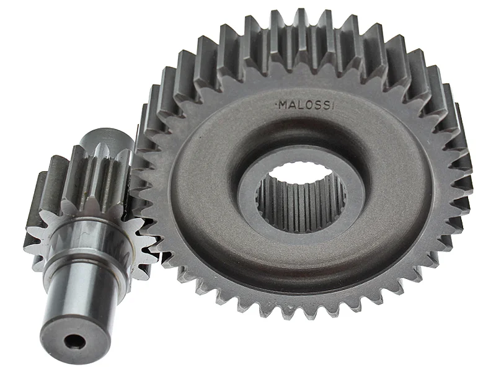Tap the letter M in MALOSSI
click(283, 105)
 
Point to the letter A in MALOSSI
click(292, 105)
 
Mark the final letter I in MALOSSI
click(332, 106)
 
